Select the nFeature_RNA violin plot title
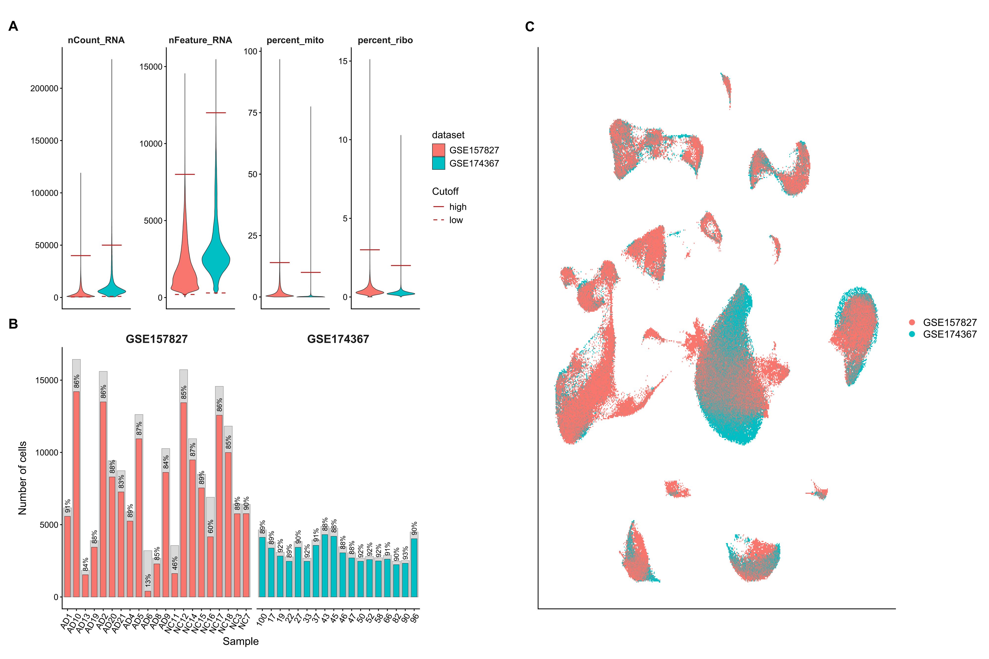200,40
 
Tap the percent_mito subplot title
295,40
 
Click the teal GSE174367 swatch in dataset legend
439,164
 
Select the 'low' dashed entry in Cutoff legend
456,220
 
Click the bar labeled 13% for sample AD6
148,594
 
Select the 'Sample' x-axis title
241,641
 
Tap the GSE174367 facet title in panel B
338,339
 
